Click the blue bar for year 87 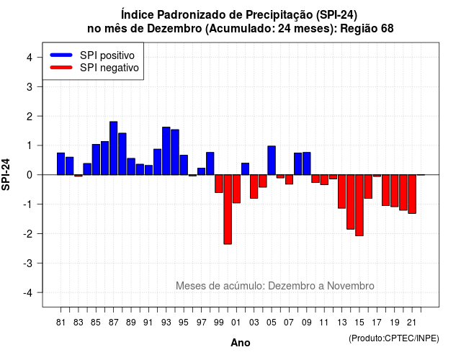point(114,148)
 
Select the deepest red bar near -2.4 point(228,210)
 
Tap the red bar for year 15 point(359,205)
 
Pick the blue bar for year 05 point(272,161)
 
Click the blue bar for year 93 point(166,151)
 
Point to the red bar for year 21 point(412,194)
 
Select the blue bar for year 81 point(61,164)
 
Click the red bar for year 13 point(341,192)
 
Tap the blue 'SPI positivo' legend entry point(92,55)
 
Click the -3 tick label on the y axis point(27,264)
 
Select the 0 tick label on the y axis point(30,175)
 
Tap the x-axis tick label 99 point(219,323)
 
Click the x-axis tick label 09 point(306,323)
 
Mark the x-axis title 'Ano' point(241,343)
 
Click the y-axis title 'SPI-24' point(6,175)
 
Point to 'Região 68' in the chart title point(367,29)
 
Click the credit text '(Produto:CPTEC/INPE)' point(394,338)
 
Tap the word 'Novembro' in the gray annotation point(351,286)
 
